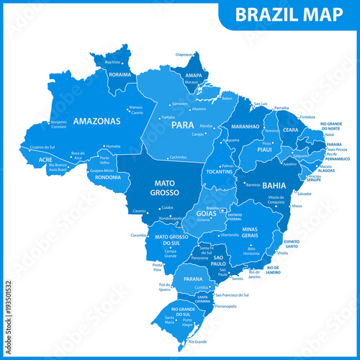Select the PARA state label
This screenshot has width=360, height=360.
(182, 125)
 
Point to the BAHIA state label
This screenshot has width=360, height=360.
(274, 185)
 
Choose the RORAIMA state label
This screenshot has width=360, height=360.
(120, 73)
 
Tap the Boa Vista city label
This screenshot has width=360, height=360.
(112, 62)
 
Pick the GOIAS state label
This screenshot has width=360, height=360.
(206, 214)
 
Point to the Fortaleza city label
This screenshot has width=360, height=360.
(307, 117)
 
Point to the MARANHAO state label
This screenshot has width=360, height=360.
(245, 127)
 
